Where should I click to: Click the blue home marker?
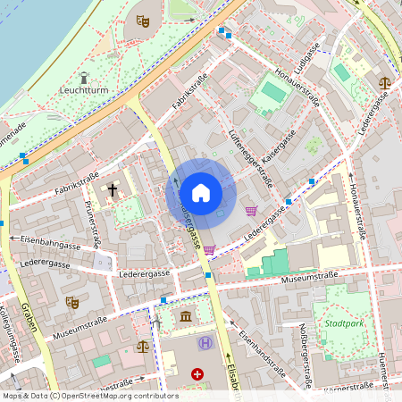(201, 192)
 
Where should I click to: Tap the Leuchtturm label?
(84, 90)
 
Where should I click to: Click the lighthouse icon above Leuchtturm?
(84, 77)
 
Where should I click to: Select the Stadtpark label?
(344, 322)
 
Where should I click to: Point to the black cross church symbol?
(113, 189)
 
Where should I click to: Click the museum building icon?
(185, 316)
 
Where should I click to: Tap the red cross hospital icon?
(197, 374)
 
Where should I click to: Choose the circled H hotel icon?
(205, 343)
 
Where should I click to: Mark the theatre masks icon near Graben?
(72, 302)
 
